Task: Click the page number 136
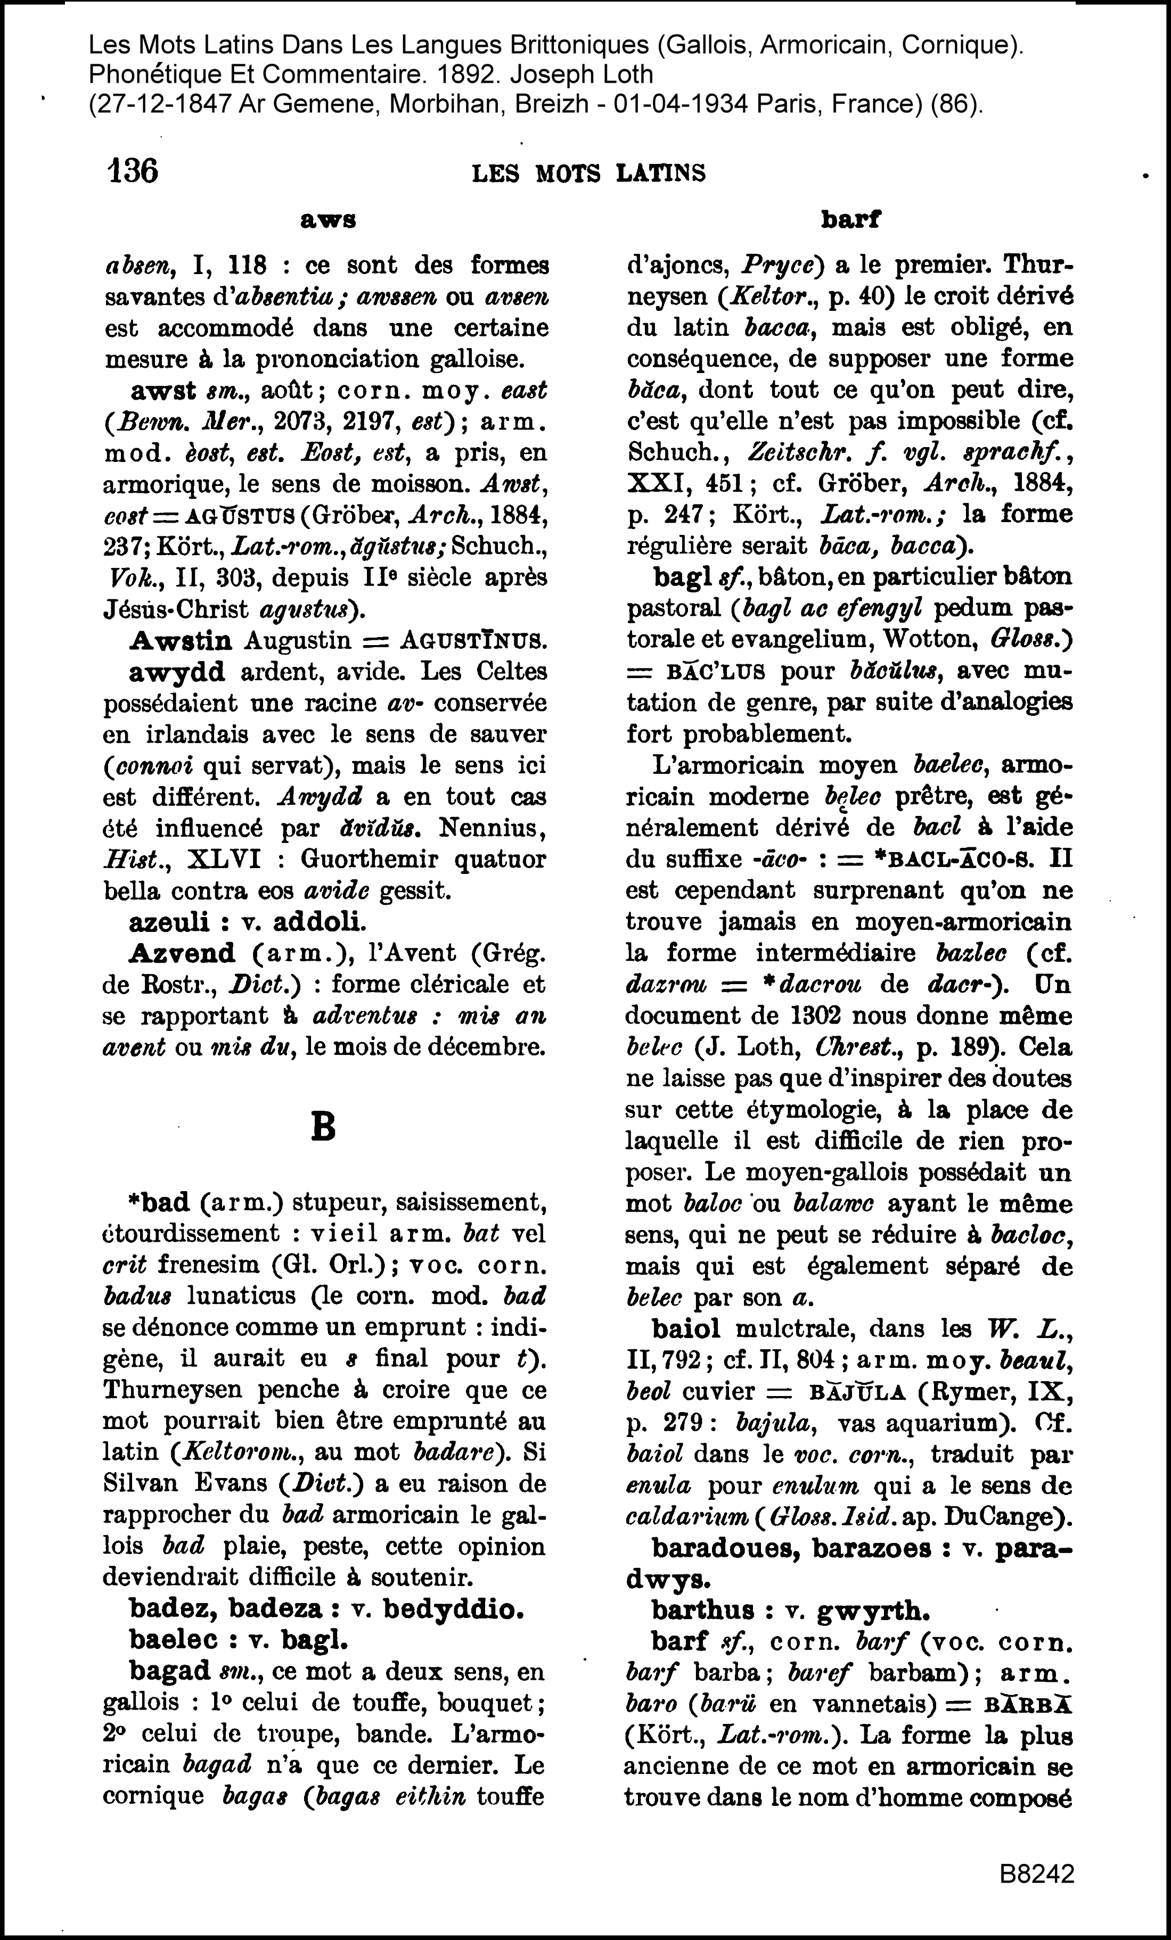(x=132, y=171)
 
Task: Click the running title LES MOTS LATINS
(x=588, y=173)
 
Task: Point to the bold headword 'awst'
(x=163, y=391)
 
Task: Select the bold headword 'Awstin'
(x=181, y=640)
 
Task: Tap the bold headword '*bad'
(x=159, y=1203)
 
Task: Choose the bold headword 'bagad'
(x=169, y=1670)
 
